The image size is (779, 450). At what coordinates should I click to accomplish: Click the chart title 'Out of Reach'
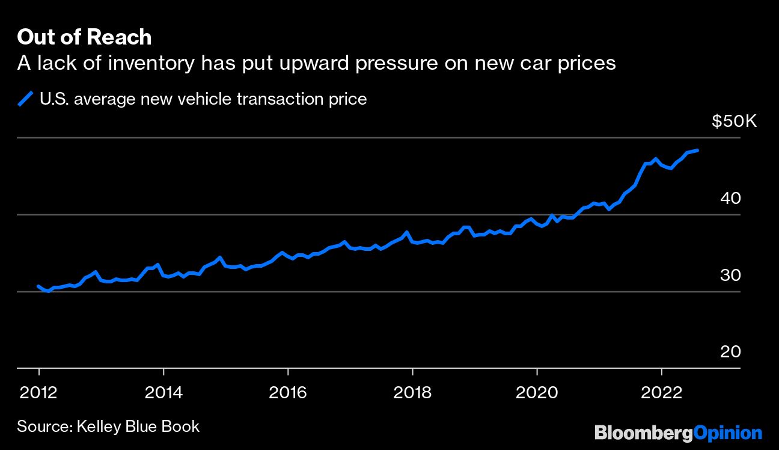pos(84,37)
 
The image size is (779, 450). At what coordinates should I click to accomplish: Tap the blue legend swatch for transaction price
pos(25,99)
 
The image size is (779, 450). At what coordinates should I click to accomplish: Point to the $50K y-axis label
pos(734,122)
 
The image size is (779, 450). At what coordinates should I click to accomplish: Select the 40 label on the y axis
pos(730,198)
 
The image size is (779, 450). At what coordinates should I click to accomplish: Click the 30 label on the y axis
pos(730,275)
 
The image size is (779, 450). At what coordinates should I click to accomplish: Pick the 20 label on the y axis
pos(730,351)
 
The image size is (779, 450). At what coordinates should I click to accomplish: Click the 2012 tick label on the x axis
pos(38,393)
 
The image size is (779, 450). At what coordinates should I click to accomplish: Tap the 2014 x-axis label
pos(163,393)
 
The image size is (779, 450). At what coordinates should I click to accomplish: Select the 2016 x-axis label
pos(287,393)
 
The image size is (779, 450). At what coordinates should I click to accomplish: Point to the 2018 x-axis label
pos(412,393)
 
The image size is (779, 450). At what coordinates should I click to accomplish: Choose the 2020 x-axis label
pos(537,393)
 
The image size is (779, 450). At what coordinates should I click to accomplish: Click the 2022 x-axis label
pos(661,393)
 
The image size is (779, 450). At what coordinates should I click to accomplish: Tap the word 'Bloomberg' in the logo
pos(644,433)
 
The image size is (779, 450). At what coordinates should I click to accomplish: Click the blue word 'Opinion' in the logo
pos(728,433)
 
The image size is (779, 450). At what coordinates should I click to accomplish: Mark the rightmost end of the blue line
pos(697,150)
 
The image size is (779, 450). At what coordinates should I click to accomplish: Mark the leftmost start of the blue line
pos(38,286)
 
